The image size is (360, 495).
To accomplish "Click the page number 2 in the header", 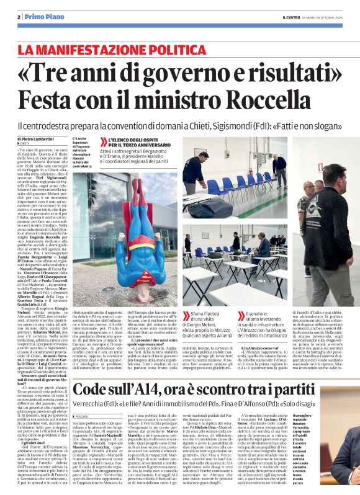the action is pyautogui.click(x=19, y=17).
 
